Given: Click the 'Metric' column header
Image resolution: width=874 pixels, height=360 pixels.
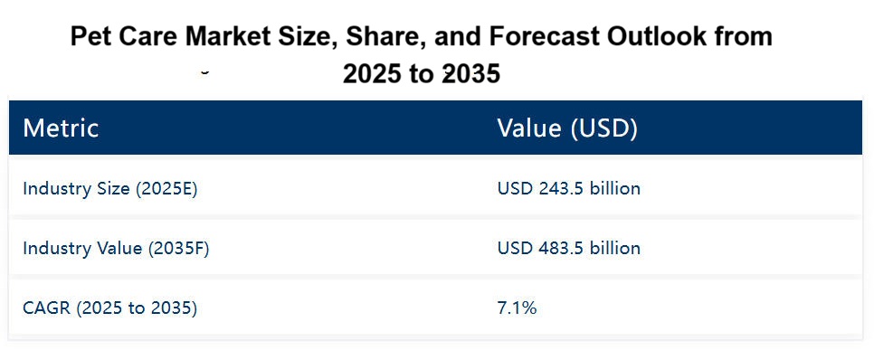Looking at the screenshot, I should (x=61, y=128).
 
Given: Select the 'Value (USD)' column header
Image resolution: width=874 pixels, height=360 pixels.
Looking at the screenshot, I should (x=567, y=128).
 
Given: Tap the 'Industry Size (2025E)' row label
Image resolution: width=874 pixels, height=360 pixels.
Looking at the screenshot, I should (x=109, y=188).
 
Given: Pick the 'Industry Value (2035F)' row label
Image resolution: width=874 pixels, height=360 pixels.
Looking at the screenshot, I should (x=116, y=248).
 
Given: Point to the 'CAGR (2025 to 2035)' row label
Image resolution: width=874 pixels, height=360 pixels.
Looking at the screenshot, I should (x=109, y=308).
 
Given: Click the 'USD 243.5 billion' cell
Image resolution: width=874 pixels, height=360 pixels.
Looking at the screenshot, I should (x=568, y=188).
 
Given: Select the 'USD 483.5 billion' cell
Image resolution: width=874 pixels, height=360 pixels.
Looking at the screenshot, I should (x=568, y=248).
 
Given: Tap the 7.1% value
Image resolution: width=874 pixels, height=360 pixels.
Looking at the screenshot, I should (x=517, y=308).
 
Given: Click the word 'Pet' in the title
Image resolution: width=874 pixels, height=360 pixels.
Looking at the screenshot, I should (x=90, y=37).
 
